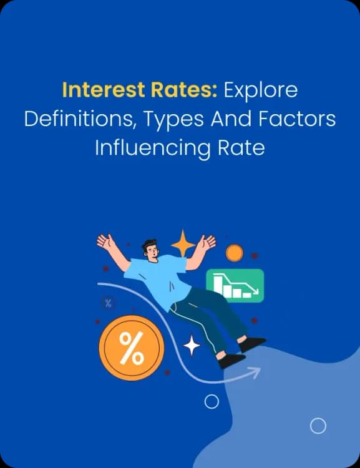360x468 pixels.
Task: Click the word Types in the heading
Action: pyautogui.click(x=173, y=120)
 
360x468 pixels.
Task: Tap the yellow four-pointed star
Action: pyautogui.click(x=183, y=243)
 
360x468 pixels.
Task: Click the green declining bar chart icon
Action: pyautogui.click(x=235, y=285)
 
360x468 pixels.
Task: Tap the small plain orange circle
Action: pyautogui.click(x=235, y=253)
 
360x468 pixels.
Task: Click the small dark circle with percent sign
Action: pyautogui.click(x=109, y=304)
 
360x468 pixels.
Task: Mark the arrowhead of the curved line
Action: pyautogui.click(x=255, y=373)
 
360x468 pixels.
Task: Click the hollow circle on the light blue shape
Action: pyautogui.click(x=318, y=426)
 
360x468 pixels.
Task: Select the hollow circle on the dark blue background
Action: pyautogui.click(x=212, y=401)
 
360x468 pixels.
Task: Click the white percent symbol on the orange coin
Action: pyautogui.click(x=131, y=348)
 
